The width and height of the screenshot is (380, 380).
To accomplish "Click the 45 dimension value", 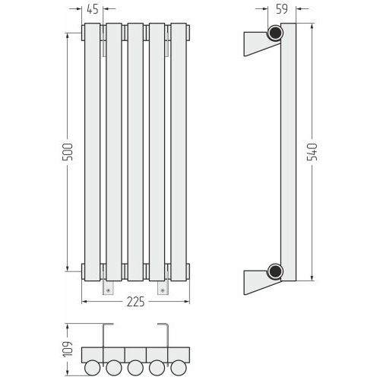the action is point(93,9).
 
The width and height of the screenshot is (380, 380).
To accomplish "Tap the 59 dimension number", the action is point(282,9).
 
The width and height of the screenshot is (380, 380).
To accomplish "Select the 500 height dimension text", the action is point(68,152).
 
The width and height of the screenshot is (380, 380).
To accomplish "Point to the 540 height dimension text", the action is point(312,152).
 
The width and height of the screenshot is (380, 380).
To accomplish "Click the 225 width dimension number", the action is point(136,302).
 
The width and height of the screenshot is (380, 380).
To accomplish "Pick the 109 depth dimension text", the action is point(68,350).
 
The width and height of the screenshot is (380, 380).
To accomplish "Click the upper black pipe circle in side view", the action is point(275,33).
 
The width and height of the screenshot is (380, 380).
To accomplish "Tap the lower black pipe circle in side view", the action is point(275,271).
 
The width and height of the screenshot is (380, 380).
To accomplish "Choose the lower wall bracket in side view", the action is point(258,281).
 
